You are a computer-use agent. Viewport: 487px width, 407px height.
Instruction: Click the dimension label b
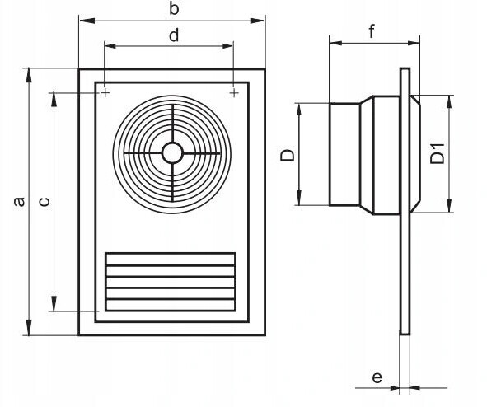click(174, 8)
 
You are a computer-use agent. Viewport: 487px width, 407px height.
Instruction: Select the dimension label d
click(174, 35)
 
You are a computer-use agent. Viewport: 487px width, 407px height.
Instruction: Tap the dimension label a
click(19, 202)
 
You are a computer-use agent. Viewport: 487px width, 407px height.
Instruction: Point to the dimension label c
click(44, 202)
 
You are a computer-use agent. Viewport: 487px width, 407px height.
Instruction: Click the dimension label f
click(372, 31)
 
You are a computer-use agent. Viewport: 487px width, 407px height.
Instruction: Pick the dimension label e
click(377, 377)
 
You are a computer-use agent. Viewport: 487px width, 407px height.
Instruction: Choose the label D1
click(438, 153)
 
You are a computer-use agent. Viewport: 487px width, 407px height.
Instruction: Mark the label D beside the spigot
click(287, 155)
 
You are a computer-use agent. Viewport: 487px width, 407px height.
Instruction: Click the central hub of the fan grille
click(172, 152)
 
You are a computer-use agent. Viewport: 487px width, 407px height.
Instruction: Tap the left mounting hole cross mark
click(105, 92)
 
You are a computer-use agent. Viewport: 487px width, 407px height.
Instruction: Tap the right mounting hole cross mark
click(234, 92)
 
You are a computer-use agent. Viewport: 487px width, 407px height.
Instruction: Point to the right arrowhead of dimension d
click(227, 46)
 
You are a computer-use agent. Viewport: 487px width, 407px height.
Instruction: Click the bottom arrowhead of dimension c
click(54, 303)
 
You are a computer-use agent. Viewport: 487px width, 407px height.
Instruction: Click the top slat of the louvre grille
click(171, 260)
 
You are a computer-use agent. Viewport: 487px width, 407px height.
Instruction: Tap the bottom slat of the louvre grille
click(171, 305)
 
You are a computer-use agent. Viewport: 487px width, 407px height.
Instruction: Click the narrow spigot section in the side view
click(344, 154)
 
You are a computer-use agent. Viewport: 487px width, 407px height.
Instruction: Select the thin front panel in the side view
click(405, 201)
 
